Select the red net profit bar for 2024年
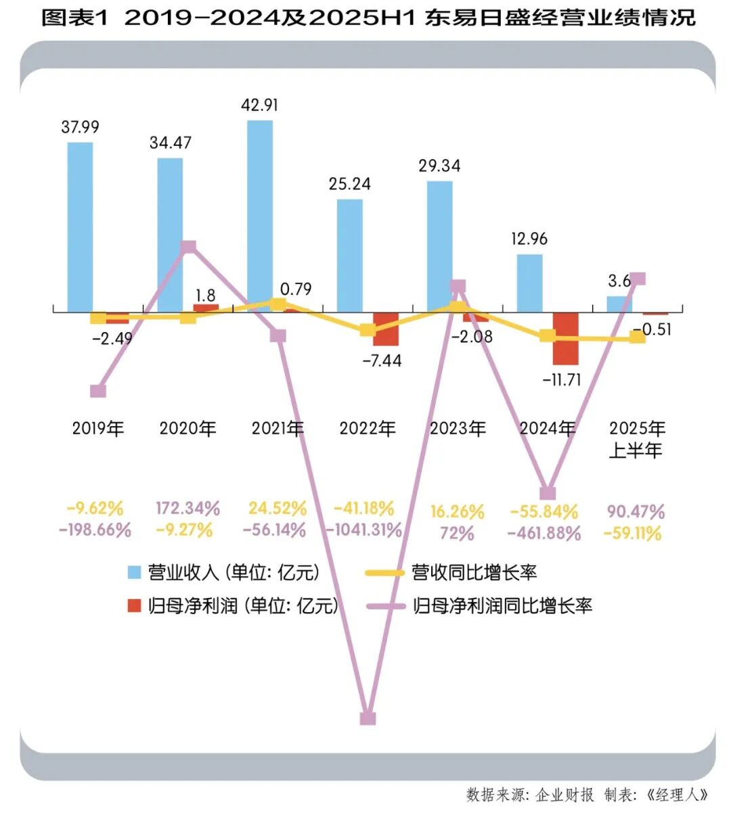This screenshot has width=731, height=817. (x=565, y=338)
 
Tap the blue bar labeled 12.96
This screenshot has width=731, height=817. (x=529, y=283)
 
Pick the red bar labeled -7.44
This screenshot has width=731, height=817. (x=386, y=329)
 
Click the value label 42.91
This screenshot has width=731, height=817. (x=259, y=106)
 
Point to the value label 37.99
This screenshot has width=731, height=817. (x=80, y=127)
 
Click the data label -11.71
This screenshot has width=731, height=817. (x=562, y=380)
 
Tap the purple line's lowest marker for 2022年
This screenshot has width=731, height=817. (x=368, y=718)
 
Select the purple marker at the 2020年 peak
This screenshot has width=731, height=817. (x=189, y=247)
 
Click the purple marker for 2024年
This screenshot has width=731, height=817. (x=548, y=493)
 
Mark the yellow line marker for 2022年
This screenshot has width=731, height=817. (x=368, y=330)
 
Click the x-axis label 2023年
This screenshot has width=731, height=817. (x=458, y=428)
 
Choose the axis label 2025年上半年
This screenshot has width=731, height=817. (x=636, y=439)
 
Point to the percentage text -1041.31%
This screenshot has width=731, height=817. (x=364, y=530)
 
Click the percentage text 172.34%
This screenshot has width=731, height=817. (x=187, y=508)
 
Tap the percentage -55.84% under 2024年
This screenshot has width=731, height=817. (x=544, y=511)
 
